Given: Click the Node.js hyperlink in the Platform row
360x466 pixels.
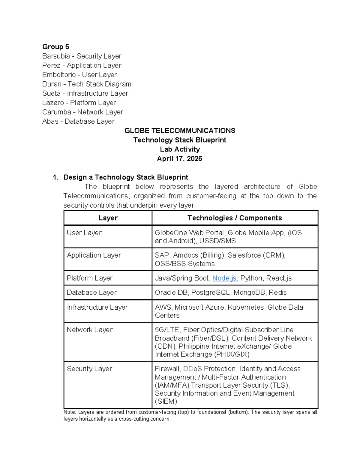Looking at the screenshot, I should [x=224, y=278].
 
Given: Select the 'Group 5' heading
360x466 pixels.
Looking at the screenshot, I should [x=56, y=47].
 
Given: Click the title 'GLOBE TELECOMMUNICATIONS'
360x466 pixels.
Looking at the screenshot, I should [x=180, y=131].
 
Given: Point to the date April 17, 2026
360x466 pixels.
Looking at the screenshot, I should [x=179, y=159].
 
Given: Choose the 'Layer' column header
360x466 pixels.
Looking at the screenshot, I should [x=108, y=218].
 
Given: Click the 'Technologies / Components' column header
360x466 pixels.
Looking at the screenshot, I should [x=235, y=218].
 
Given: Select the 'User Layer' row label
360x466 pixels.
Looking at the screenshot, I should [x=84, y=233].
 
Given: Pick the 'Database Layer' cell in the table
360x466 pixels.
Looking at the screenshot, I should [x=92, y=293].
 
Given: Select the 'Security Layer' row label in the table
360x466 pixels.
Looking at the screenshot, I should [x=89, y=369].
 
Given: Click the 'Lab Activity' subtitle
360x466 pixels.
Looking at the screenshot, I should [x=180, y=149].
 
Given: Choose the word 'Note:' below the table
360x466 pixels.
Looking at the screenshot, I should [x=70, y=412].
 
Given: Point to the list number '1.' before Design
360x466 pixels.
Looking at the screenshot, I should [x=55, y=177].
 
